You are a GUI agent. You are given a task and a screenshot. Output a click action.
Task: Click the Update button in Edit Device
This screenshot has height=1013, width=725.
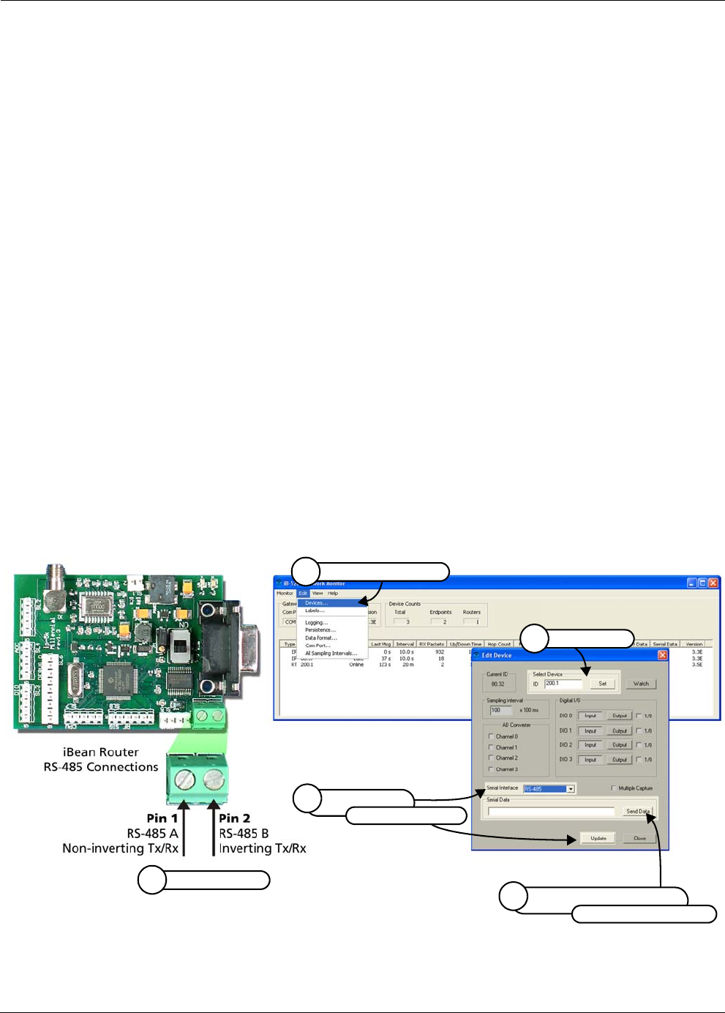[598, 838]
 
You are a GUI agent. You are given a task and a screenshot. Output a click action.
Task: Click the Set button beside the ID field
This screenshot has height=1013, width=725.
[602, 684]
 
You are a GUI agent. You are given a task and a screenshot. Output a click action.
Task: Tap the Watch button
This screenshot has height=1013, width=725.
[641, 684]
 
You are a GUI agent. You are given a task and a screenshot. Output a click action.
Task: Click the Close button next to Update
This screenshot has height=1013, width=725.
[639, 838]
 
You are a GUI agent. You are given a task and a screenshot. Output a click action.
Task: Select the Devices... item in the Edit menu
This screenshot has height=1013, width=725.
[315, 603]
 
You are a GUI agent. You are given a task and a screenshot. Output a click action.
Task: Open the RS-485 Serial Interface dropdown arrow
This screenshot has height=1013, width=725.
[571, 789]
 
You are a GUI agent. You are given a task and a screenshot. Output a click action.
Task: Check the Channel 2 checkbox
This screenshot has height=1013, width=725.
[491, 758]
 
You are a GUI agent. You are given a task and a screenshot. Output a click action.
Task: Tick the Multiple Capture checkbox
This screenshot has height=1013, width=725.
[613, 788]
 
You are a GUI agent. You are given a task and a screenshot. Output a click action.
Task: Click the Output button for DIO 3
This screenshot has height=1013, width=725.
[620, 760]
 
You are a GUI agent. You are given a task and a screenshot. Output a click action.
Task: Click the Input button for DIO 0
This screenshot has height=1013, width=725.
[590, 716]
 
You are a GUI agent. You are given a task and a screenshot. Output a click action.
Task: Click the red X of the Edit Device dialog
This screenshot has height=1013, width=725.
[662, 655]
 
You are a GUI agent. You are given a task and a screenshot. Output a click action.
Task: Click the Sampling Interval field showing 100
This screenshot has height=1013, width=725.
[501, 710]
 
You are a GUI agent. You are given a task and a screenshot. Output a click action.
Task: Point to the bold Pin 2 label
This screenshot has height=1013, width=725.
[235, 818]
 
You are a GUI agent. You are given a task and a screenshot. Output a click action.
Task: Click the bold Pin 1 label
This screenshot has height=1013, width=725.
[162, 818]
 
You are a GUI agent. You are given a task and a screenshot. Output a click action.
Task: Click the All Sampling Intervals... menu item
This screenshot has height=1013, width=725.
[331, 653]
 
